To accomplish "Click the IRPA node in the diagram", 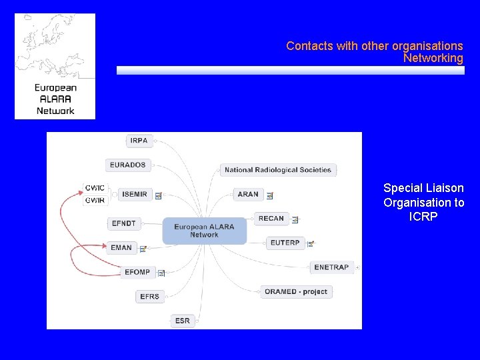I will tap(139, 141).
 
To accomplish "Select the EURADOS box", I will tap(127, 165).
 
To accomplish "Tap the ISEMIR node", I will tap(134, 194).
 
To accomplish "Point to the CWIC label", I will tap(95, 188).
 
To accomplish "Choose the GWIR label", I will tap(95, 200).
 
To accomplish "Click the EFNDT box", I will tap(123, 224).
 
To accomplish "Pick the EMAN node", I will tap(121, 247).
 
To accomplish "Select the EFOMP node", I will tap(137, 272).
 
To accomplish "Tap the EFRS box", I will tap(149, 296).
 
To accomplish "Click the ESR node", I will tap(182, 321).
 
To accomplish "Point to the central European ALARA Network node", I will tap(204, 231).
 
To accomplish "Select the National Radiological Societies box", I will tap(277, 170).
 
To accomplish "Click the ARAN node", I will tap(248, 194).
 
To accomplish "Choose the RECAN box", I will tap(271, 218).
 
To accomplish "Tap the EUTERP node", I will tap(285, 243).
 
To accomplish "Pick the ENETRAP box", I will tap(331, 267).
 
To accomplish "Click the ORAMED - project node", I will tap(295, 291).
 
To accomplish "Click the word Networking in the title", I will tap(433, 59).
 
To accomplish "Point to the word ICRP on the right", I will tap(423, 217).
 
